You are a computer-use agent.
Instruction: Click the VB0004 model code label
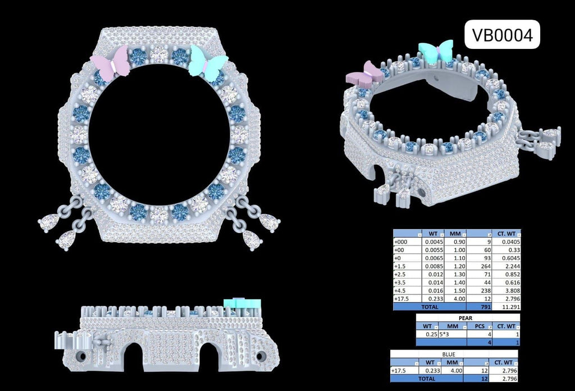click(x=502, y=35)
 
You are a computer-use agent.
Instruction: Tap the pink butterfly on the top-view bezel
click(x=111, y=63)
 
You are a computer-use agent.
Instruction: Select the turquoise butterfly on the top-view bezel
click(x=208, y=63)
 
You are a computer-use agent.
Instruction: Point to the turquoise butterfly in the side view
click(x=243, y=304)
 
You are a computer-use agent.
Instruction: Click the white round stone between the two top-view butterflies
click(x=159, y=54)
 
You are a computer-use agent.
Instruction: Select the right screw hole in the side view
click(x=261, y=356)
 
